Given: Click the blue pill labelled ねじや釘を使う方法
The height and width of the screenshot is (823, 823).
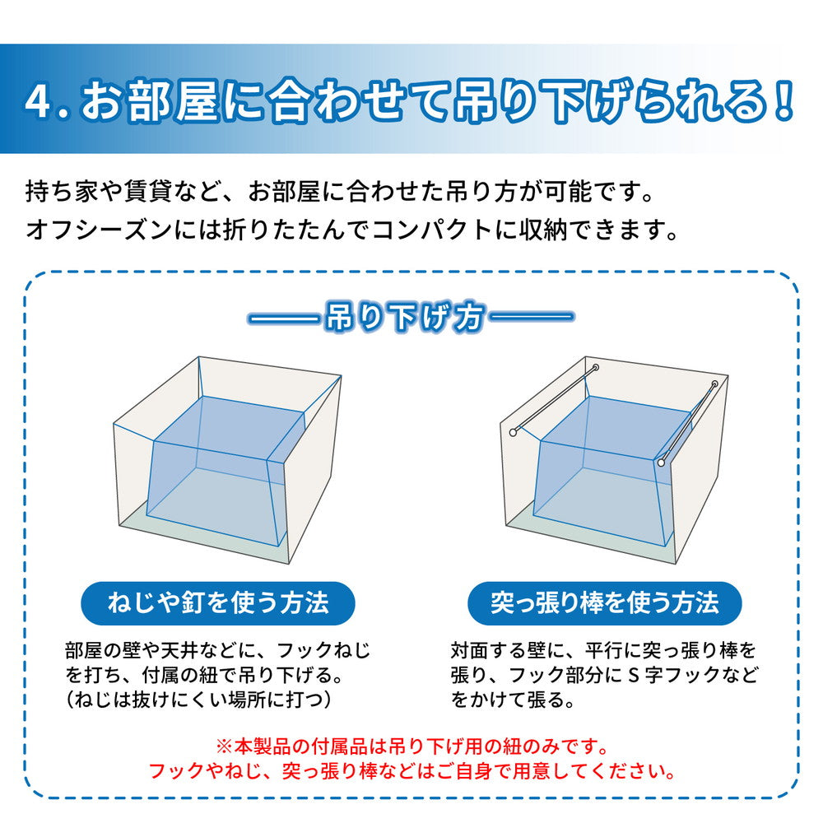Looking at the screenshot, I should coord(218,603).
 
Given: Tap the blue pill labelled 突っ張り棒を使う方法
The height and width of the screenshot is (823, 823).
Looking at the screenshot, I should coord(604,603).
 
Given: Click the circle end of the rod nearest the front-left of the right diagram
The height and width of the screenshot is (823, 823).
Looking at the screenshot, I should coord(514,431).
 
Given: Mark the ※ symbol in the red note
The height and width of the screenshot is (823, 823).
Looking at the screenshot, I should coord(223,747).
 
